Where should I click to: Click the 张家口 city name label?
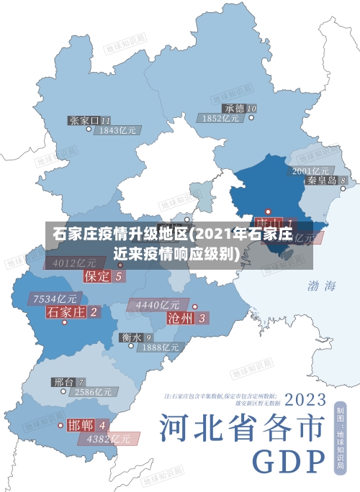click(84, 120)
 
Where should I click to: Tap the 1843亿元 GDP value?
click(117, 131)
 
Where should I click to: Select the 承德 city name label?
click(234, 109)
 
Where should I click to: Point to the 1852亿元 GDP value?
click(221, 119)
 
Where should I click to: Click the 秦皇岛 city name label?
click(322, 181)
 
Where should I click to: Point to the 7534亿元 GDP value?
click(55, 299)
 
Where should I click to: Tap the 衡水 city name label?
click(131, 337)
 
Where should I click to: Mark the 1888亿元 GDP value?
click(160, 347)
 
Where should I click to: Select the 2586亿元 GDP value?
click(94, 393)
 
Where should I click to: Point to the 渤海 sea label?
click(322, 286)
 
